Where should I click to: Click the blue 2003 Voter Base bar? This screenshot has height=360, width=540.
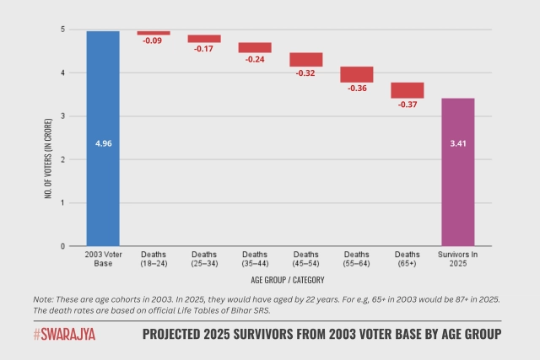(103, 138)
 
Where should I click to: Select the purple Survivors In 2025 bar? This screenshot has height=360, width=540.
(457, 172)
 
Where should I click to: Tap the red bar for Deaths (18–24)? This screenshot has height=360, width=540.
(154, 33)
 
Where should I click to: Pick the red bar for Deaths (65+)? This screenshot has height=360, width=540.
(407, 90)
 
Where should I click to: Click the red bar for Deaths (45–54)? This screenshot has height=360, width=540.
(305, 60)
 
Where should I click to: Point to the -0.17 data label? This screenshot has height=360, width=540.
(204, 49)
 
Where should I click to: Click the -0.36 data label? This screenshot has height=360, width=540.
(356, 89)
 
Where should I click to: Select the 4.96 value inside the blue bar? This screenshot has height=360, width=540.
(103, 143)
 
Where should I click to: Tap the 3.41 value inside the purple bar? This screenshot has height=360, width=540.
(457, 143)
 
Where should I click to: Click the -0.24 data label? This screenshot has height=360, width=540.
(255, 59)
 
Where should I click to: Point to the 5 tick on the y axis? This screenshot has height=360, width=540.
(62, 30)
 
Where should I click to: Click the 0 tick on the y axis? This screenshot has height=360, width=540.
(62, 246)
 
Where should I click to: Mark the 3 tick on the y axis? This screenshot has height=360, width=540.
(62, 116)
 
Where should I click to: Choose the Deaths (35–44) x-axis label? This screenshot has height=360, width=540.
(255, 259)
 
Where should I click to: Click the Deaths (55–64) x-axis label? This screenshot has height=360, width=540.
(356, 259)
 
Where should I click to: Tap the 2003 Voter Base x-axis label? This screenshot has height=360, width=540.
(103, 259)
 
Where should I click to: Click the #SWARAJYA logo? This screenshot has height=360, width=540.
(65, 335)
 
